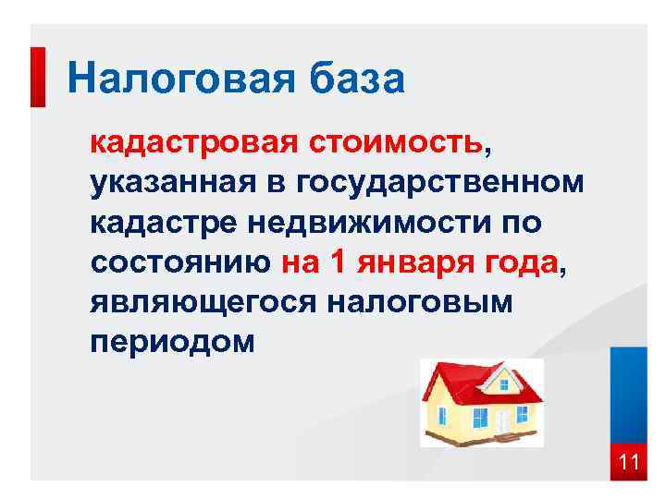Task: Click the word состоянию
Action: click(179, 263)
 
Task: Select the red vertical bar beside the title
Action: click(38, 76)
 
